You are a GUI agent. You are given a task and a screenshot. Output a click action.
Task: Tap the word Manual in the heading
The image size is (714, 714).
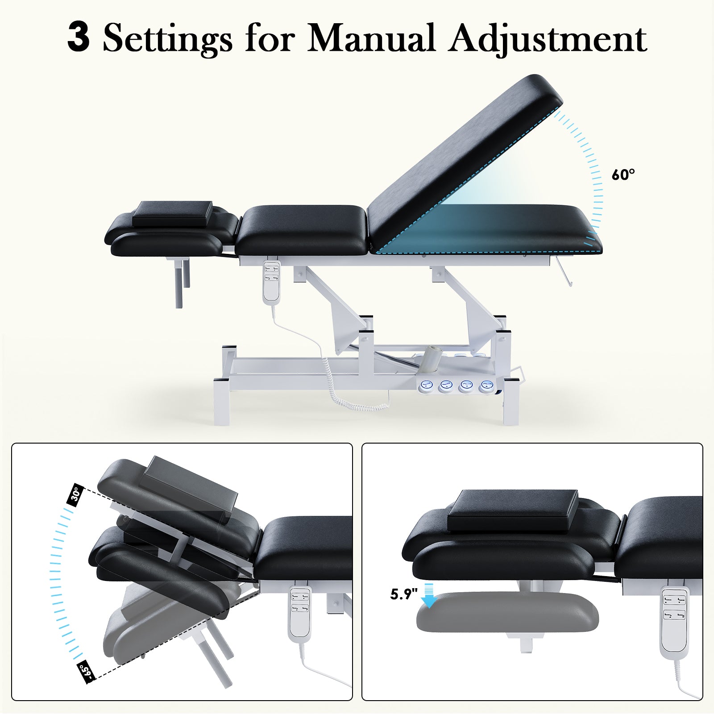point(371,38)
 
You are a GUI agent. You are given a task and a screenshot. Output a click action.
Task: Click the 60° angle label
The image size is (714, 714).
point(623,174)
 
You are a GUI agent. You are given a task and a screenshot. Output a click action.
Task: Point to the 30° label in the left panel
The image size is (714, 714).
point(76,494)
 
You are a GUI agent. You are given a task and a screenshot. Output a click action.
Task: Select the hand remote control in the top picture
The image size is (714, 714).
point(271,282)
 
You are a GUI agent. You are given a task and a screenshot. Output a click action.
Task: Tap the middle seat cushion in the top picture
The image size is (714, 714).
point(300,230)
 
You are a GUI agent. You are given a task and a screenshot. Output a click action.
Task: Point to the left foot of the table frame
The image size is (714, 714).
point(222,402)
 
